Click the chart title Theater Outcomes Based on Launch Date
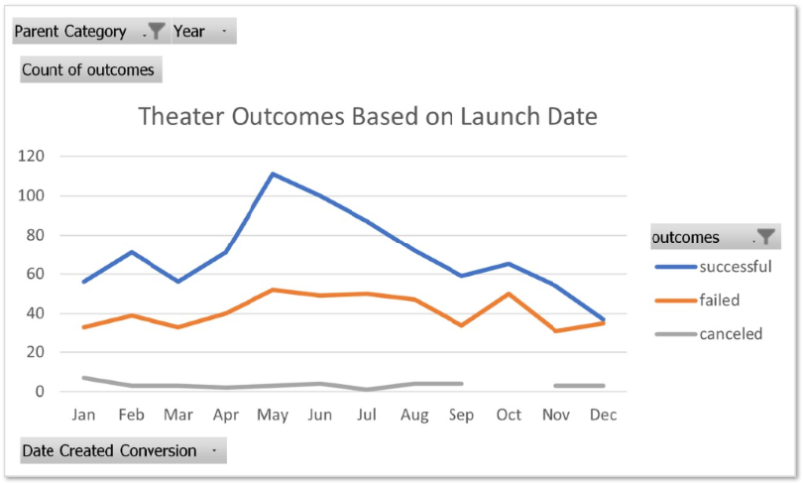(368, 117)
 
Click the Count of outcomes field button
(89, 70)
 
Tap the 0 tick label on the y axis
(41, 392)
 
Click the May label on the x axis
(273, 416)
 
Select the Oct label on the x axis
(509, 416)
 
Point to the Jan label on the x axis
(83, 416)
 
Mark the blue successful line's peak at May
(273, 174)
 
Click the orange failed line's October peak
(509, 294)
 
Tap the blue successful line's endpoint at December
(603, 319)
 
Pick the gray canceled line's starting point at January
(83, 378)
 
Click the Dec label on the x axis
(603, 416)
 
